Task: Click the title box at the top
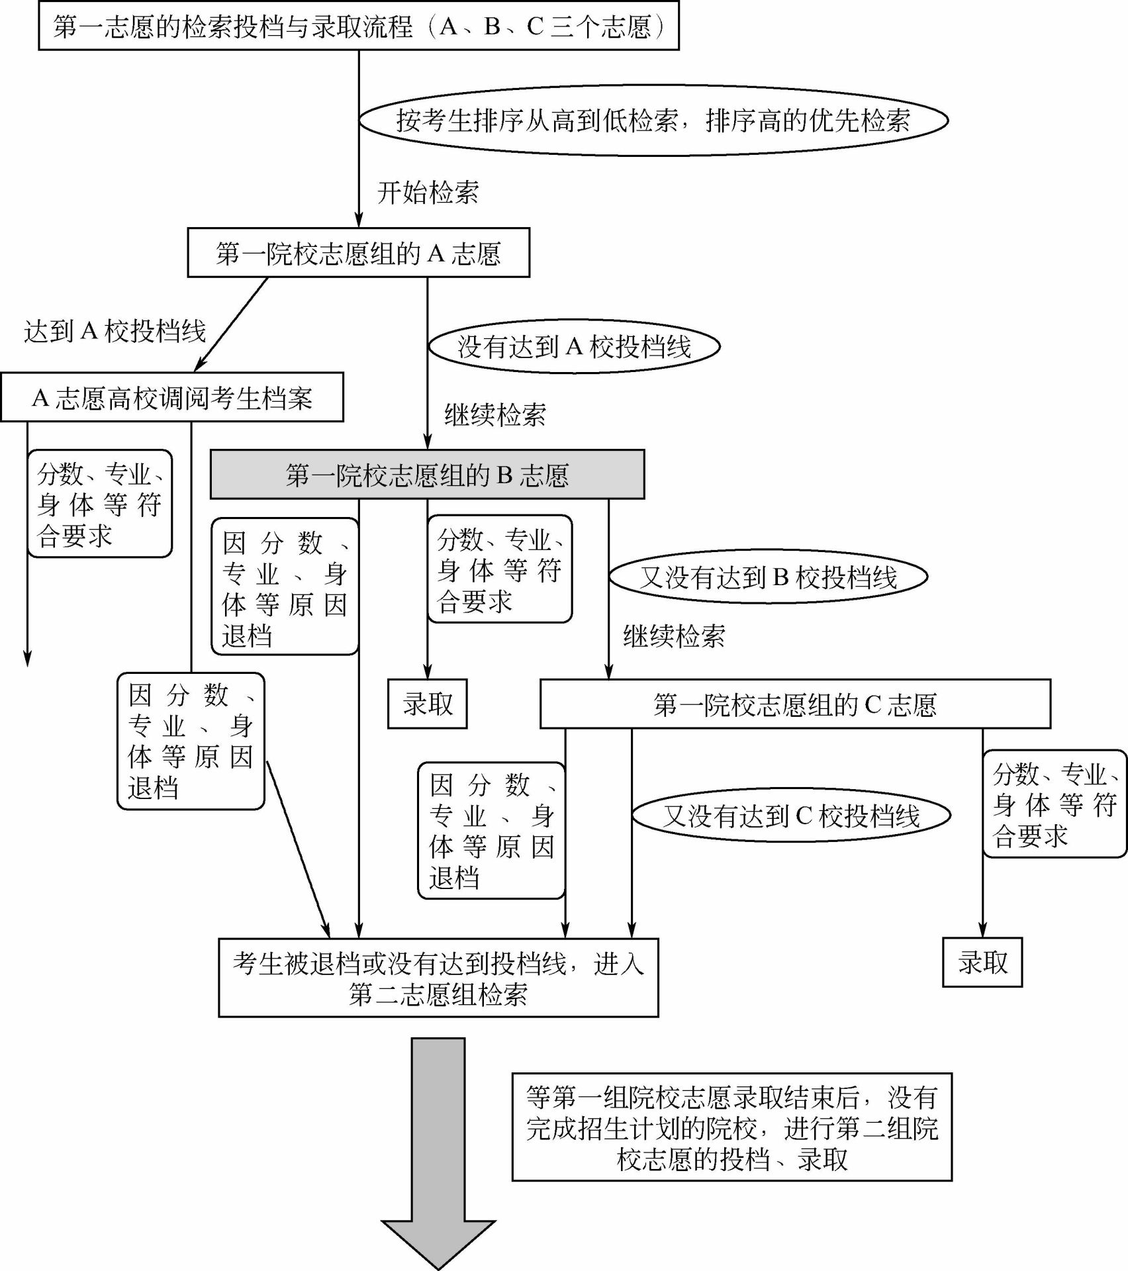pos(359,26)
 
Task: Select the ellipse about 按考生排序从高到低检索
pos(653,120)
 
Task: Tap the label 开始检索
pos(428,193)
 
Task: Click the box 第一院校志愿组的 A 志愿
pos(359,253)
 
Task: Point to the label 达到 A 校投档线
pos(115,331)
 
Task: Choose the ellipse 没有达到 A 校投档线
pos(575,346)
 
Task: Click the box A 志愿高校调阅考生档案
pos(172,397)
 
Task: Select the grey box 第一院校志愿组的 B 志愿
pos(427,475)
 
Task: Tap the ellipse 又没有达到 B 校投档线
pos(768,577)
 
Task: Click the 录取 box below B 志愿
pos(428,704)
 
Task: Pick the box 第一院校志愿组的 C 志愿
pos(795,704)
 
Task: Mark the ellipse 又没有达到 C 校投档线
pos(792,815)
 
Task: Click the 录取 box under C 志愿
pos(982,963)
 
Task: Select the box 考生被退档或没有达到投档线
pos(438,978)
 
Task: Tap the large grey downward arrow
pos(438,1153)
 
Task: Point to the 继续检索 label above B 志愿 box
pos(495,415)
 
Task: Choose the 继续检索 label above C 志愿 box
pos(674,637)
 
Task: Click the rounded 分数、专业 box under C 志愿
pos(1055,804)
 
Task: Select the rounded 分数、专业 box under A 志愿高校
pos(100,504)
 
